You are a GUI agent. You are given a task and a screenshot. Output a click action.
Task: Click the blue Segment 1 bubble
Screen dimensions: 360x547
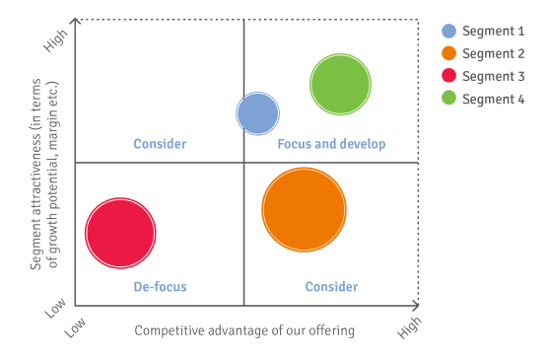258,113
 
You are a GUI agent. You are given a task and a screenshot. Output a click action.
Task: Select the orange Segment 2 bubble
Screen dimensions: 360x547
304,209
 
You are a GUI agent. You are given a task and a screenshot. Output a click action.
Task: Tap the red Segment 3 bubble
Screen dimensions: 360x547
121,233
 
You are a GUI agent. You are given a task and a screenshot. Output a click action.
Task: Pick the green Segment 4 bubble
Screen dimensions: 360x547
340,85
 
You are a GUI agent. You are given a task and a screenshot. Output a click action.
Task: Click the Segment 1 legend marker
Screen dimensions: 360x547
448,31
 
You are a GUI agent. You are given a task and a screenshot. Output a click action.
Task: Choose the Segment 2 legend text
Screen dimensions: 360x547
494,53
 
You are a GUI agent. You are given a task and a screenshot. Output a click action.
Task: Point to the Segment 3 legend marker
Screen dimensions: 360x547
448,76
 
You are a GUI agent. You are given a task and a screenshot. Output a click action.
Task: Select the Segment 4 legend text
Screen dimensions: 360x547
494,99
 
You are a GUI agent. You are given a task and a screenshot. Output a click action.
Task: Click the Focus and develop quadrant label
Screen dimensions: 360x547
331,144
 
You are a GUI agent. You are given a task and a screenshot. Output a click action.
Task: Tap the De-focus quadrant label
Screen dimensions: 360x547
160,287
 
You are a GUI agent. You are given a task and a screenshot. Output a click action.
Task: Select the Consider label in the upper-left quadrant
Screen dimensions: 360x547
160,144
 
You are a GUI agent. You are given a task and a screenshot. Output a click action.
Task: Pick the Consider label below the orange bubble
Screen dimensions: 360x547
331,287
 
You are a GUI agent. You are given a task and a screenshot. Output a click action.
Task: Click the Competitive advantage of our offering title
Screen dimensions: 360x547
244,330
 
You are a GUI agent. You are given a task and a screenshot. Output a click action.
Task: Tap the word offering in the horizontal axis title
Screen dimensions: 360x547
330,331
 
